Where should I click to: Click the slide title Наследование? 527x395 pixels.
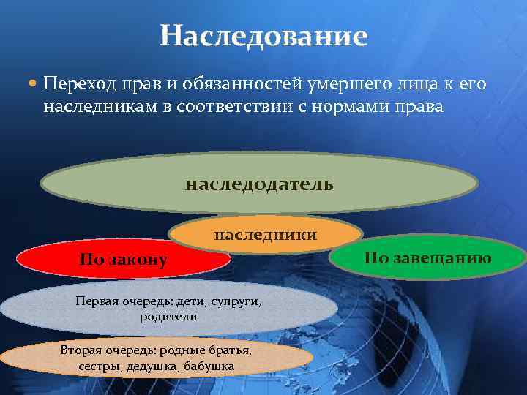point(263,35)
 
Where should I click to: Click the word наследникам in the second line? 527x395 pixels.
point(92,108)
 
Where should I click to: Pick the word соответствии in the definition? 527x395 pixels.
point(241,108)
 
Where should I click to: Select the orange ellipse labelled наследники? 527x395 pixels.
point(266,235)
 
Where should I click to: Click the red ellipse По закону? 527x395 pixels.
point(124,260)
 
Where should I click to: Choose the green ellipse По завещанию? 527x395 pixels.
point(428,257)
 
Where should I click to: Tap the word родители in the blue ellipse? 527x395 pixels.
point(168,317)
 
